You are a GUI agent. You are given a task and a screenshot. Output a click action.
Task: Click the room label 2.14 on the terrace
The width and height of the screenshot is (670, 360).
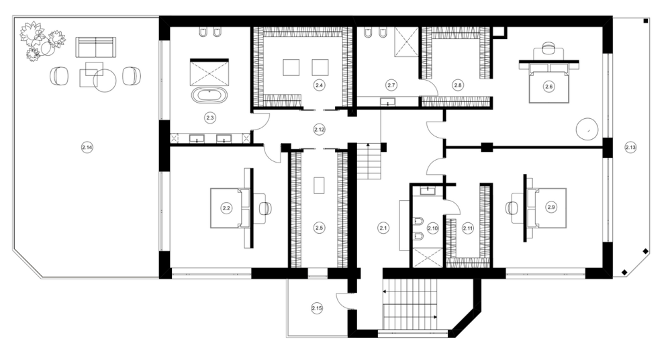[x=87, y=148]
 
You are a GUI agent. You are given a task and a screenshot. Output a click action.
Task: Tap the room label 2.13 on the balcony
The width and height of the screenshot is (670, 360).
[x=630, y=148]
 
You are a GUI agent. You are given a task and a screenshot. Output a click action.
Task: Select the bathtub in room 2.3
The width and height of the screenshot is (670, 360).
[x=209, y=95]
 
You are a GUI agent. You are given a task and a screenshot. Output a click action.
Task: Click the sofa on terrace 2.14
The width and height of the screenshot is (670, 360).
[x=96, y=47]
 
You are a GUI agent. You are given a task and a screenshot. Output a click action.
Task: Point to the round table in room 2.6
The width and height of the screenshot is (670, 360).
[x=587, y=128]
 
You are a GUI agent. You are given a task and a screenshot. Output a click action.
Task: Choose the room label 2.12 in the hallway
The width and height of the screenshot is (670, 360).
[x=319, y=129]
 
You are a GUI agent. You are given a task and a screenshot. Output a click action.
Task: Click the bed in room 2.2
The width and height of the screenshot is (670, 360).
[x=230, y=208]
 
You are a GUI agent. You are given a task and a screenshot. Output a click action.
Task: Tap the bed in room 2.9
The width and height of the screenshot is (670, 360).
[x=547, y=208]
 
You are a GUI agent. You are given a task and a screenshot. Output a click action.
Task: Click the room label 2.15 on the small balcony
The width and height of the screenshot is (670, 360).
[x=317, y=308]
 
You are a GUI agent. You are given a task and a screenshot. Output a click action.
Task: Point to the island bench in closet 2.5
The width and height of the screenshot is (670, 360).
[x=319, y=185]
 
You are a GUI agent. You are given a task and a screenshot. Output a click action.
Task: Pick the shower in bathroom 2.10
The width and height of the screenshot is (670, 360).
[x=427, y=257]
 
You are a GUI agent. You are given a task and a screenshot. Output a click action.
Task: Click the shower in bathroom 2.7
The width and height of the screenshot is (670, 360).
[x=406, y=41]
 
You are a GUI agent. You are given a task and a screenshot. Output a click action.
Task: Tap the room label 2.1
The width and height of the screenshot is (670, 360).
[x=383, y=228]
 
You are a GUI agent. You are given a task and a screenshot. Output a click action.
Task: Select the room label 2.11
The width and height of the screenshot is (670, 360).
[x=468, y=228]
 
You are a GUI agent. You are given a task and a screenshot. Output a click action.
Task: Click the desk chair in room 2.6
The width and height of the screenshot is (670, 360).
[x=548, y=48]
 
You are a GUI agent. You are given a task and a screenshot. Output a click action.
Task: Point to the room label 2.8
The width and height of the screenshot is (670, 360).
[x=458, y=85]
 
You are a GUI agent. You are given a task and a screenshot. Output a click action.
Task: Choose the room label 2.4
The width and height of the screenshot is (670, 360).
[x=319, y=85]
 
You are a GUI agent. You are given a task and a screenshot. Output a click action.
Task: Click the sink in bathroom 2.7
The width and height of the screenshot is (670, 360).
[x=388, y=101]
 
